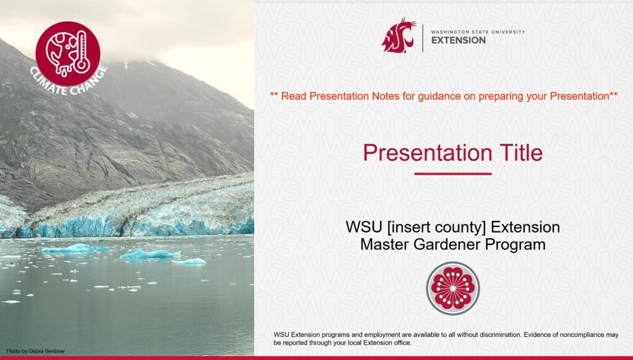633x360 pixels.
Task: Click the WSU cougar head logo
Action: tap(398, 35)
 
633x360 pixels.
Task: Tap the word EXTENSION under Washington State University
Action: tap(457, 40)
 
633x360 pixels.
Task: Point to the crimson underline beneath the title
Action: tap(452, 174)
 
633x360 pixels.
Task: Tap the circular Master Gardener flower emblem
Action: tap(452, 288)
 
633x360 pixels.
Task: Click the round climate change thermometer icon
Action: tap(68, 53)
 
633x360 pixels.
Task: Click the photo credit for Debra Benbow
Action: tap(35, 351)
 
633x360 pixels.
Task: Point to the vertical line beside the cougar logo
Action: tap(423, 38)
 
